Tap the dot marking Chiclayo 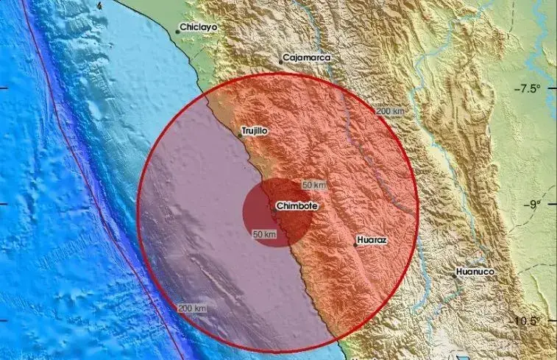179,31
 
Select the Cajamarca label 307,57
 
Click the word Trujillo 253,131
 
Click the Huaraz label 372,240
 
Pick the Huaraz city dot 355,244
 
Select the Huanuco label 475,272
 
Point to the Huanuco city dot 455,276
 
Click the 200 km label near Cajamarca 390,111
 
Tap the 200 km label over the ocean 191,306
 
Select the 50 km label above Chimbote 314,184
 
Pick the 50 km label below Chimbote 263,234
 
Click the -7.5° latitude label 528,89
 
